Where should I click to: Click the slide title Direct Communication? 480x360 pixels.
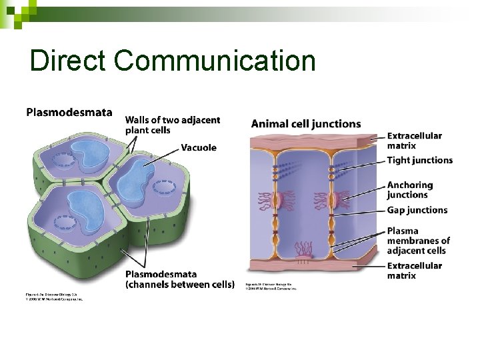[172, 61]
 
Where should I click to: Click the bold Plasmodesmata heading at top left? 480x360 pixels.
[69, 112]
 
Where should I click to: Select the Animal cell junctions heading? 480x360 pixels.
[306, 123]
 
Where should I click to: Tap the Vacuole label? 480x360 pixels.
[199, 147]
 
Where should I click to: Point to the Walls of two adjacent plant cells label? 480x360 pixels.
[172, 125]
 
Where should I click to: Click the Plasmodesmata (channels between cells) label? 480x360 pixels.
[179, 279]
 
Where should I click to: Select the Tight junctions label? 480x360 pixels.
[419, 160]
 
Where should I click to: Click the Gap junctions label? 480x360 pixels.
[417, 210]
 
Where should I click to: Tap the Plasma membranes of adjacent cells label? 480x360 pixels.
[418, 241]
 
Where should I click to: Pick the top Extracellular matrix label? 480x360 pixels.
[414, 141]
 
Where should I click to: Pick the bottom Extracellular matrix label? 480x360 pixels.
[414, 270]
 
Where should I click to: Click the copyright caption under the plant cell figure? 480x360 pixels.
[53, 297]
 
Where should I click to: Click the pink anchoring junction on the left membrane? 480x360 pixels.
[287, 198]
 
